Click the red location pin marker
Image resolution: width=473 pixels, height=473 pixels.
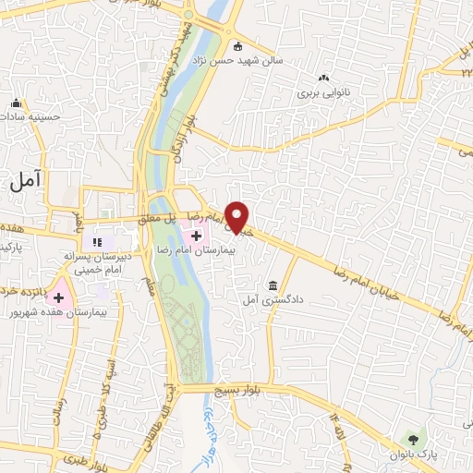[238, 216]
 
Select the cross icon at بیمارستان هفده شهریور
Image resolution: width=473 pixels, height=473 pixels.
[60, 297]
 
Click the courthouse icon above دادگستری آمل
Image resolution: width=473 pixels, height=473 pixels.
[273, 285]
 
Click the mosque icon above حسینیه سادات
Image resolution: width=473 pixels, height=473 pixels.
[16, 103]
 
